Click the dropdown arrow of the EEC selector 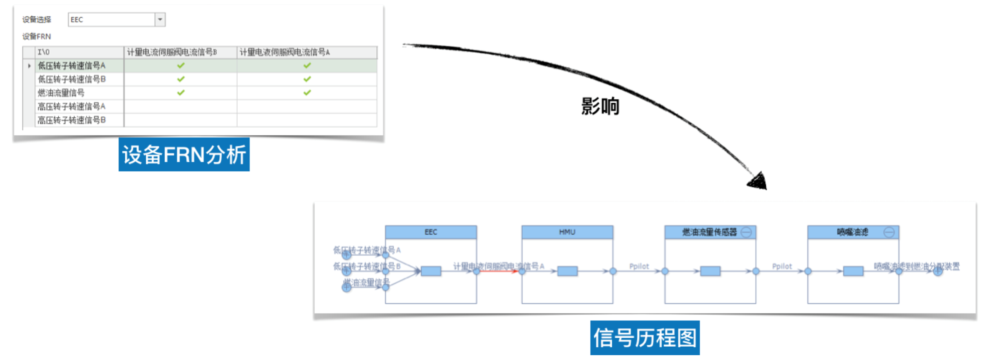click(160, 19)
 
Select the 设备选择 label click(37, 19)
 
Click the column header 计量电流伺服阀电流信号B click(172, 52)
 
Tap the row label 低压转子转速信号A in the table click(71, 66)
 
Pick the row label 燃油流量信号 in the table click(61, 93)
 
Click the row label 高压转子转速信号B click(71, 120)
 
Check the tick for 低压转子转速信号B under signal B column click(181, 79)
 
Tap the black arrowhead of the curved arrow click(758, 181)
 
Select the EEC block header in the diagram click(431, 232)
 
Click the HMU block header click(567, 232)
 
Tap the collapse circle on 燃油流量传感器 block click(745, 232)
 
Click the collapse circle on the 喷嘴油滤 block click(889, 232)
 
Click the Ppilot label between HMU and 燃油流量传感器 click(639, 266)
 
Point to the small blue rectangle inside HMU click(567, 271)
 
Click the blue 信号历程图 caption click(645, 338)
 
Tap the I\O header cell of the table click(43, 52)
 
